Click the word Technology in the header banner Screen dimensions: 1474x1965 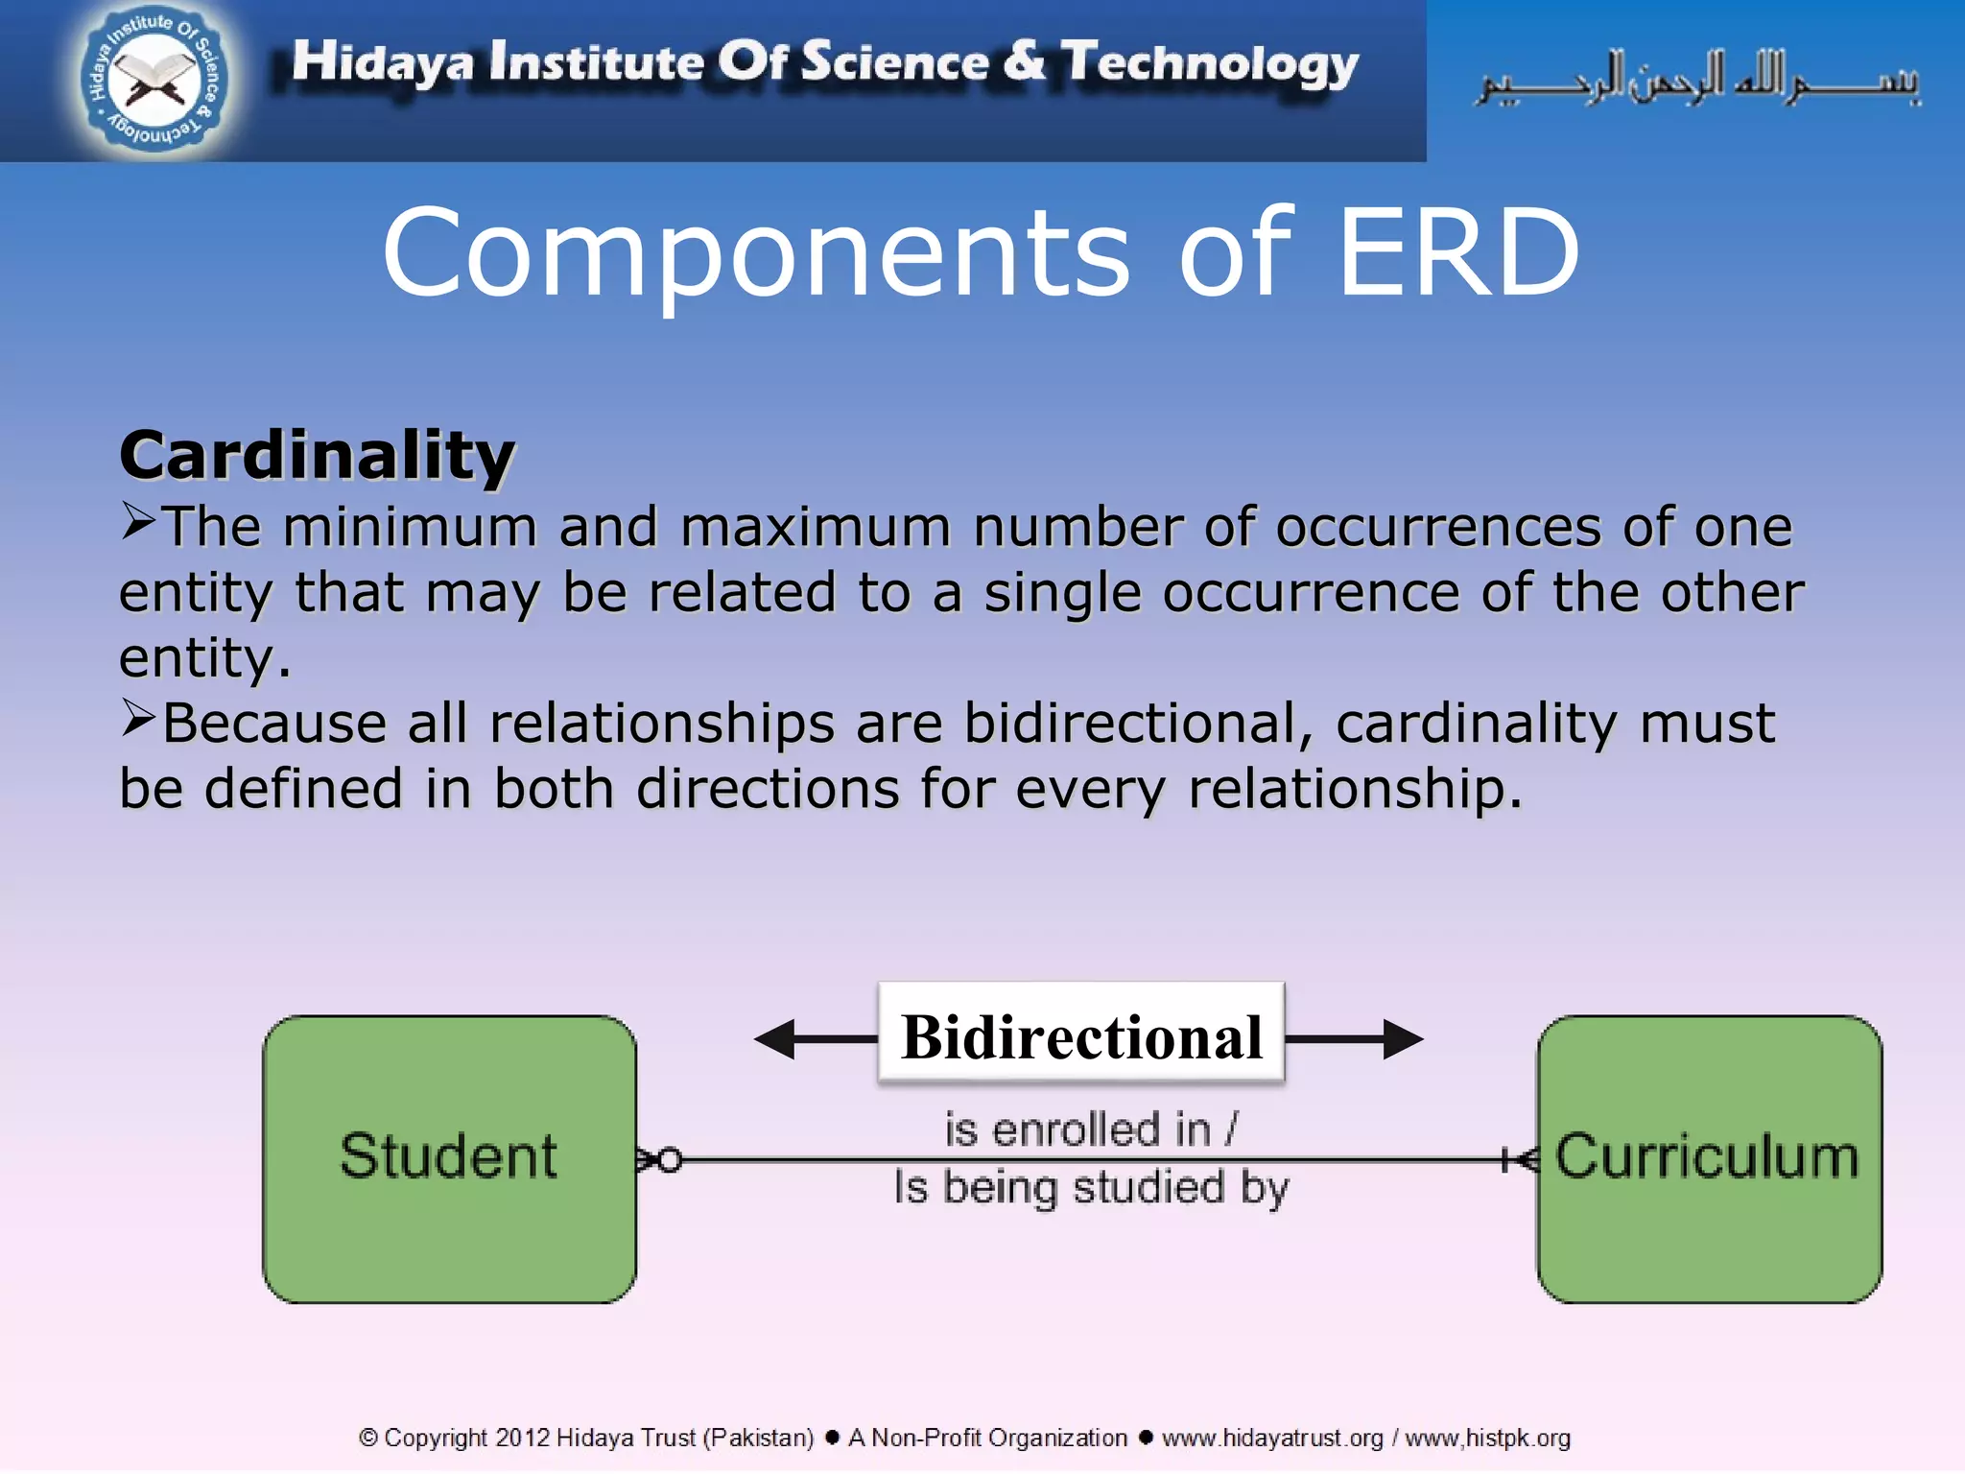click(x=1209, y=63)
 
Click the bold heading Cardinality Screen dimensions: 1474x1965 click(x=317, y=455)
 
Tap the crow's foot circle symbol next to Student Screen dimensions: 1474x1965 click(x=661, y=1160)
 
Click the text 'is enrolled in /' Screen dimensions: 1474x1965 click(x=1091, y=1129)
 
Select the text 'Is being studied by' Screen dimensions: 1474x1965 click(x=1091, y=1188)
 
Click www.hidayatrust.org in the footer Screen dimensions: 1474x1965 click(x=1272, y=1438)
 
